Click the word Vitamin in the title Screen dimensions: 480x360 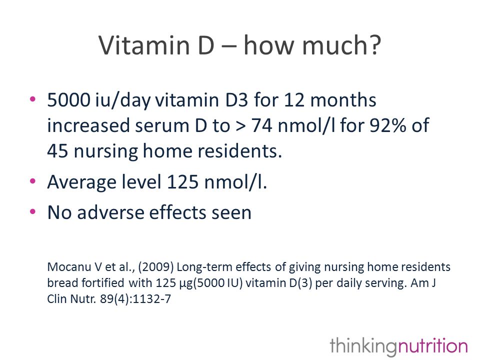(x=144, y=45)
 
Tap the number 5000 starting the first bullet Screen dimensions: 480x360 (x=69, y=100)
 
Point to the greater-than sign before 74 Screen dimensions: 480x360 (x=240, y=126)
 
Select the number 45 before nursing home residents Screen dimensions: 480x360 (x=57, y=151)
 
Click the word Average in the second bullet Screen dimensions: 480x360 (x=82, y=182)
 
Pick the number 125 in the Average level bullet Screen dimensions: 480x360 (x=183, y=182)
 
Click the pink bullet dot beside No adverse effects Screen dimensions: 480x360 (x=33, y=211)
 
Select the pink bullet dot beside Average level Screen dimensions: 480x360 (x=33, y=181)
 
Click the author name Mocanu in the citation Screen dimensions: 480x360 (x=69, y=267)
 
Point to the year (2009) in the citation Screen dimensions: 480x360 (x=156, y=267)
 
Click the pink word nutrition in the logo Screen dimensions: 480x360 (x=432, y=346)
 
